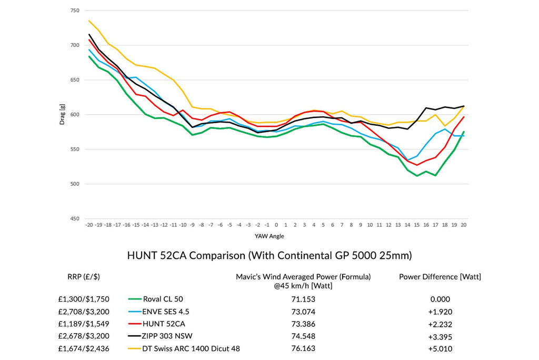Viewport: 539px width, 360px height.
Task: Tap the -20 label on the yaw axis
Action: pyautogui.click(x=89, y=225)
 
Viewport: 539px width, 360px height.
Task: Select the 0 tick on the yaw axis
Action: pyautogui.click(x=276, y=225)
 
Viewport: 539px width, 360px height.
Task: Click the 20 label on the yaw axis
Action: pyautogui.click(x=463, y=225)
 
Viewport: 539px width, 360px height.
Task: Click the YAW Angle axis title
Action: pyautogui.click(x=276, y=236)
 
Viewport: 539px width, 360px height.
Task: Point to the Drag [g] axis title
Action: pyautogui.click(x=62, y=115)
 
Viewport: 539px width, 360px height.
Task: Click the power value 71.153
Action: pyautogui.click(x=304, y=299)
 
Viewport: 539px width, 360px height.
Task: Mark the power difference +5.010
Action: pyautogui.click(x=441, y=348)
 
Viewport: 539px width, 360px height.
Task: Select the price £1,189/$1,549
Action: pyautogui.click(x=84, y=324)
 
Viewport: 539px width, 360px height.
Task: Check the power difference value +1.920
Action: pyautogui.click(x=441, y=312)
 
